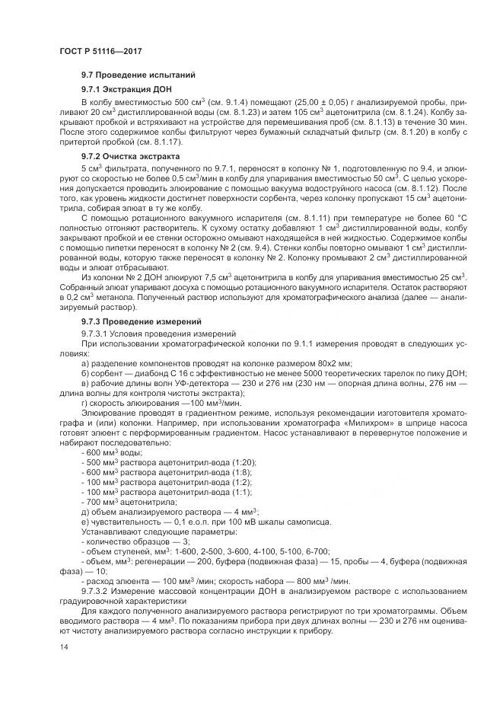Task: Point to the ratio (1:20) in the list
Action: (244, 462)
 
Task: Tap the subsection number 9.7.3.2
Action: (98, 591)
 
